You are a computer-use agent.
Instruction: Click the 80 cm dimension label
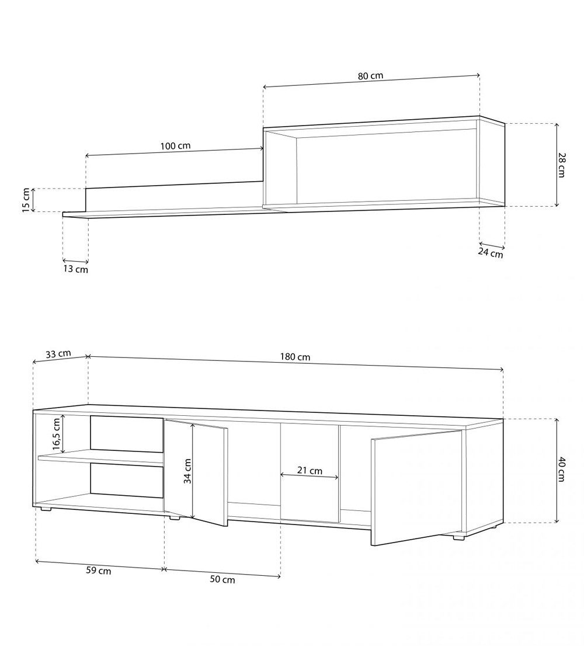[x=370, y=76]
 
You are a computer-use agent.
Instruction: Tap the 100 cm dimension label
[x=175, y=146]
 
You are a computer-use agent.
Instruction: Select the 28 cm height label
[x=561, y=165]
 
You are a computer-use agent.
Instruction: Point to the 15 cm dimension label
[x=26, y=200]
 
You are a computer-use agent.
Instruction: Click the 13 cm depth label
[x=75, y=269]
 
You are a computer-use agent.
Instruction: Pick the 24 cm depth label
[x=490, y=253]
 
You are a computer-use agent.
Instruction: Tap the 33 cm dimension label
[x=58, y=353]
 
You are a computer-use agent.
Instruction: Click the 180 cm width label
[x=296, y=357]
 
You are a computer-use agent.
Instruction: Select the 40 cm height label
[x=561, y=470]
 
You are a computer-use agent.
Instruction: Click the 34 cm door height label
[x=187, y=471]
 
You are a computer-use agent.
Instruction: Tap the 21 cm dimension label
[x=310, y=470]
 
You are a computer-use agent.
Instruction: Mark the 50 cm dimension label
[x=222, y=579]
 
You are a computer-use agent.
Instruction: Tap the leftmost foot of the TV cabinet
[x=46, y=509]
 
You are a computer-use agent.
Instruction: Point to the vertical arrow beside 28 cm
[x=556, y=165]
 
